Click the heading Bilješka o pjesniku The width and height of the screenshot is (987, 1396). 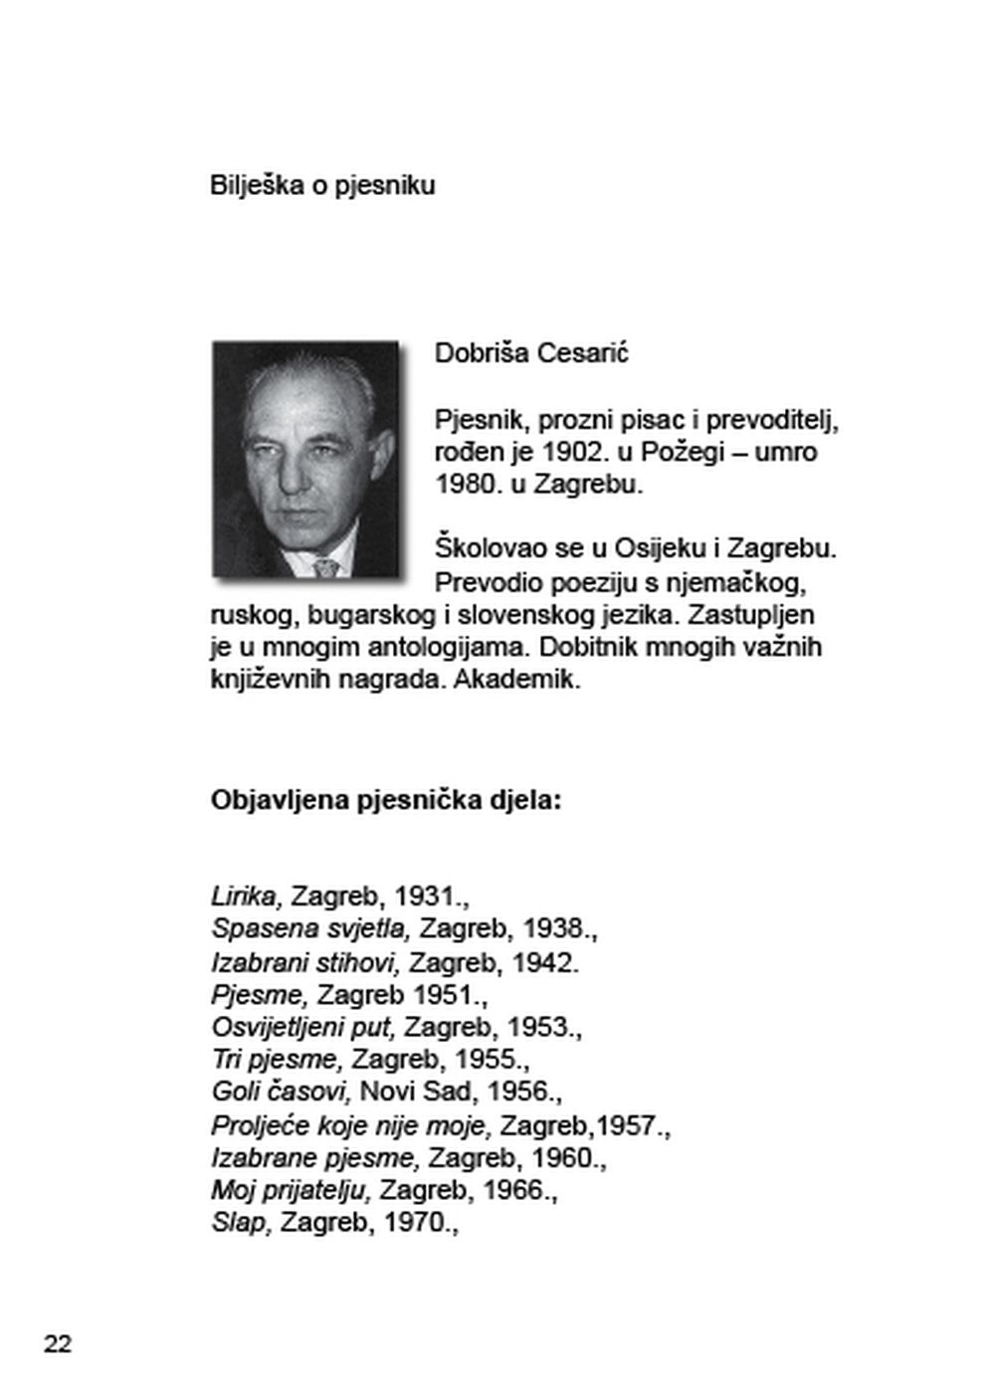[x=322, y=186]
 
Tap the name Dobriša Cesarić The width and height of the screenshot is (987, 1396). [x=531, y=353]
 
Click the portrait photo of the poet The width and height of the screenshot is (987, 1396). [x=305, y=460]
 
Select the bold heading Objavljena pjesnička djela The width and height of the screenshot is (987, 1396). [x=386, y=801]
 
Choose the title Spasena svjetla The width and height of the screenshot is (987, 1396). [x=310, y=928]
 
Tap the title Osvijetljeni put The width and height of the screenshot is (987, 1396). [x=303, y=1027]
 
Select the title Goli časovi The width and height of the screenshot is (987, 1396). [x=281, y=1092]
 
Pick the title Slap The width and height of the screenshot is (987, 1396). [x=240, y=1222]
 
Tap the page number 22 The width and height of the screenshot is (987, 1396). [x=58, y=1344]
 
